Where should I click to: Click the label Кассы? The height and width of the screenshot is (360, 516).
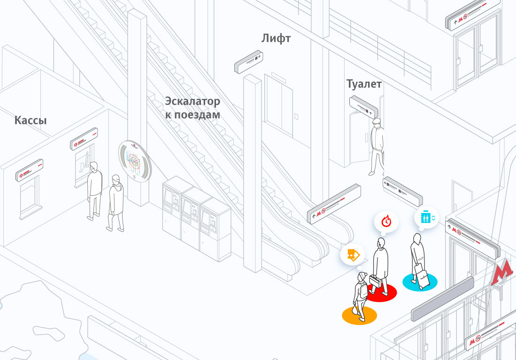(31, 121)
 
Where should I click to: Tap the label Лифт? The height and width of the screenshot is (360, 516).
(276, 38)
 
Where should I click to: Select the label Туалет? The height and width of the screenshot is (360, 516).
(364, 84)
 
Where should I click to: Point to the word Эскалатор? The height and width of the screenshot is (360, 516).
(193, 101)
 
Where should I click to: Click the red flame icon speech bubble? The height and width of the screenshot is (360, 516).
(386, 220)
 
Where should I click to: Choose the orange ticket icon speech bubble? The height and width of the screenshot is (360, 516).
(352, 255)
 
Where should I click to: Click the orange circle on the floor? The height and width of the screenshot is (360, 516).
(359, 315)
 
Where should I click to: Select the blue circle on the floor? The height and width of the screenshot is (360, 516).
(420, 281)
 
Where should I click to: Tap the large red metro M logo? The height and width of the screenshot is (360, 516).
(502, 273)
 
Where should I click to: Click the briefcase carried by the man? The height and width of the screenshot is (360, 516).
(375, 281)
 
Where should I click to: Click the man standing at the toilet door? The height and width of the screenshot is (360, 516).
(377, 146)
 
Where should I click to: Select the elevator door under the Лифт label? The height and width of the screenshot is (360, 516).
(281, 108)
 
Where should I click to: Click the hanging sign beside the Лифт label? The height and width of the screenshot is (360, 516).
(249, 62)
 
